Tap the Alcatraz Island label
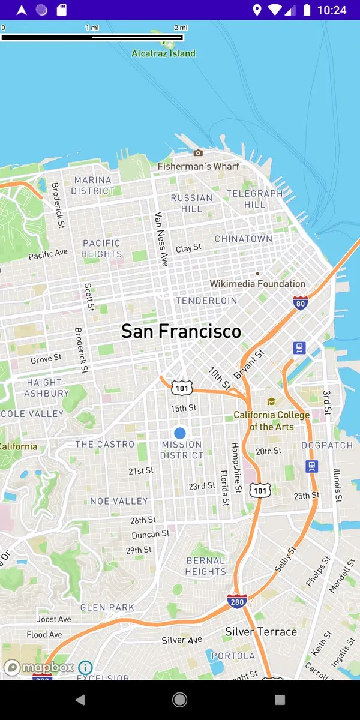tap(163, 53)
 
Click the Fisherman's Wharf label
tap(198, 166)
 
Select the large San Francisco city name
tap(181, 331)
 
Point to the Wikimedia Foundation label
tap(257, 284)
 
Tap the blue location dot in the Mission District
tap(180, 433)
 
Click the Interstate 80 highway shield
tap(301, 302)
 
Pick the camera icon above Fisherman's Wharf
tap(198, 153)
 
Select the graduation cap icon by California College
tap(271, 401)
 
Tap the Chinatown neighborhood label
tap(244, 239)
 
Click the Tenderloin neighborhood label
tap(206, 300)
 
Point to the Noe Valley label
tap(119, 501)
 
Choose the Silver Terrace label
tap(261, 631)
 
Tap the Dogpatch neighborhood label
tap(327, 445)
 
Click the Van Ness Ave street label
tap(161, 239)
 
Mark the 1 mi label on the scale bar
tap(92, 28)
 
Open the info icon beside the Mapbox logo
tap(85, 667)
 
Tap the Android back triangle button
tap(80, 700)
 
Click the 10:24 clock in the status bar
tap(332, 10)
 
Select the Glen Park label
tap(107, 607)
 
